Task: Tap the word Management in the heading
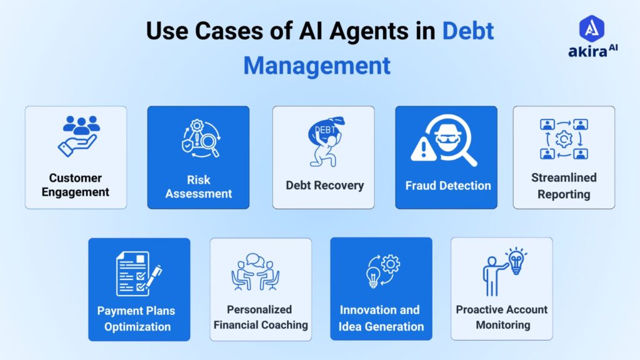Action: [x=317, y=65]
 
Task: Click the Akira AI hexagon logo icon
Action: [x=591, y=29]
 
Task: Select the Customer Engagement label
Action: [x=76, y=185]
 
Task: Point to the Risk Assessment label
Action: [x=199, y=186]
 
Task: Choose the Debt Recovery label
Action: [x=324, y=185]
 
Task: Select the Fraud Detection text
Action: [x=447, y=185]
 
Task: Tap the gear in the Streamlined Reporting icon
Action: [x=564, y=139]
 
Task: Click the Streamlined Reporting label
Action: [x=564, y=186]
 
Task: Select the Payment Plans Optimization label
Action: [x=137, y=318]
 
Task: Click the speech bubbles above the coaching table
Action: [x=256, y=259]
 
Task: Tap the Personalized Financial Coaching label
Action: [x=261, y=317]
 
